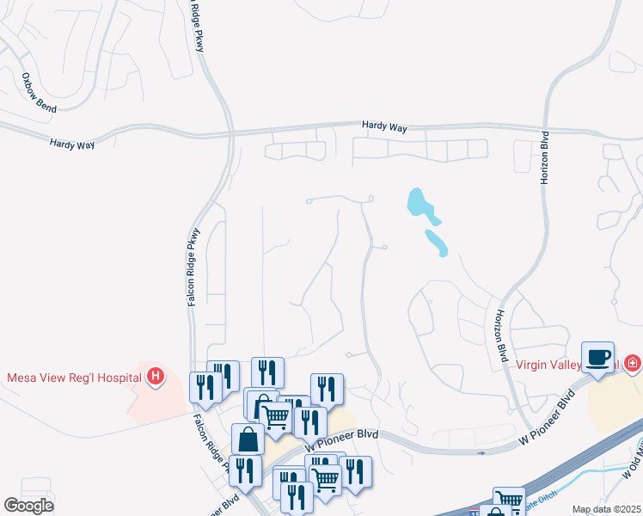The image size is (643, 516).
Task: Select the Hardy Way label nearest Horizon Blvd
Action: click(x=384, y=126)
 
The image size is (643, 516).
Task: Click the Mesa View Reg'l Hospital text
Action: click(x=74, y=377)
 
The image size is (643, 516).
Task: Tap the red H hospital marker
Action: click(x=156, y=376)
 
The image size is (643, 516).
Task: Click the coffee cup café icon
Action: click(x=597, y=356)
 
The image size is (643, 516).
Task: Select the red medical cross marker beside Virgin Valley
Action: click(x=633, y=363)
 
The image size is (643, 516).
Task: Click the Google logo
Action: click(x=28, y=506)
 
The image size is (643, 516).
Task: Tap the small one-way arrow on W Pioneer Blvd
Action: click(x=481, y=452)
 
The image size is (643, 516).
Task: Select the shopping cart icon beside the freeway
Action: click(x=509, y=500)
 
